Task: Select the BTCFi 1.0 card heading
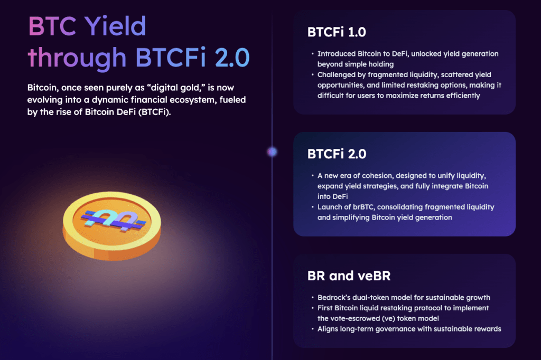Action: tap(337, 32)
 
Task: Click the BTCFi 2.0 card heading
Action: tap(337, 154)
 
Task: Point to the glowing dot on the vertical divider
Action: tap(272, 152)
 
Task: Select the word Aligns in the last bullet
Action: tap(329, 329)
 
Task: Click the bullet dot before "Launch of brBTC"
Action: tap(312, 207)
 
